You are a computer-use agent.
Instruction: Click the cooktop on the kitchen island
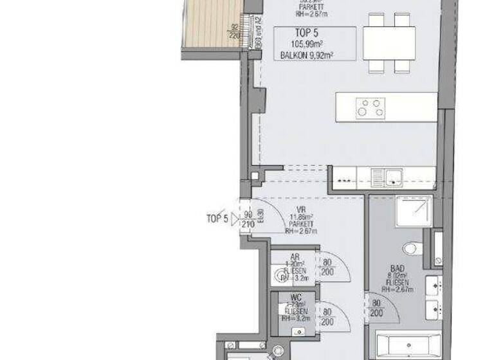pos(370,107)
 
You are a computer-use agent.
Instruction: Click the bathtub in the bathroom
pos(406,343)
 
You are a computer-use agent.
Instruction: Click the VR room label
pos(300,210)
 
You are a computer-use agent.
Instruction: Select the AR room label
pos(295,256)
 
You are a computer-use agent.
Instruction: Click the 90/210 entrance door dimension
pos(248,219)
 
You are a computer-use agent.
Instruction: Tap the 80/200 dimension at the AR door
pos(328,267)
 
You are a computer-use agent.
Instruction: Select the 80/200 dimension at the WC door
pos(327,316)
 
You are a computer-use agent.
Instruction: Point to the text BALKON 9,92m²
pos(306,56)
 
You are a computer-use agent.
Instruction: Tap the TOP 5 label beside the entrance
pos(217,219)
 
